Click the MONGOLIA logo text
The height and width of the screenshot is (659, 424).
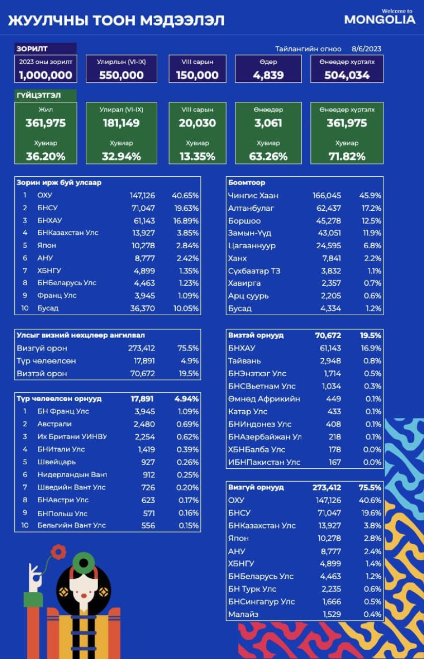coord(379,20)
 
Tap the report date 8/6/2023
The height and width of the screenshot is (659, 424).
coord(366,49)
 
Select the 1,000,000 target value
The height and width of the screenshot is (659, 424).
coord(45,75)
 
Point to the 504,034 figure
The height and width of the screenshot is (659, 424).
coord(347,75)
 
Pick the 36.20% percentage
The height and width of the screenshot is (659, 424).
coord(45,156)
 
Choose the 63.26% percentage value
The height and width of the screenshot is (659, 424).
coord(268,156)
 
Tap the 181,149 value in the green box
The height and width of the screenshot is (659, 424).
coord(121,123)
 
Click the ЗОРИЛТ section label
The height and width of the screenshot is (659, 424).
coord(32,49)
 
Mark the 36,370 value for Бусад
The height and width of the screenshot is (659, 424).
coord(143,308)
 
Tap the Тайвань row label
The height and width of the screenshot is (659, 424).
coord(245,360)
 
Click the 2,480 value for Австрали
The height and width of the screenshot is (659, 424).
coord(144,424)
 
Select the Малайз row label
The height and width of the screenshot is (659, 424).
coord(243,614)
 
